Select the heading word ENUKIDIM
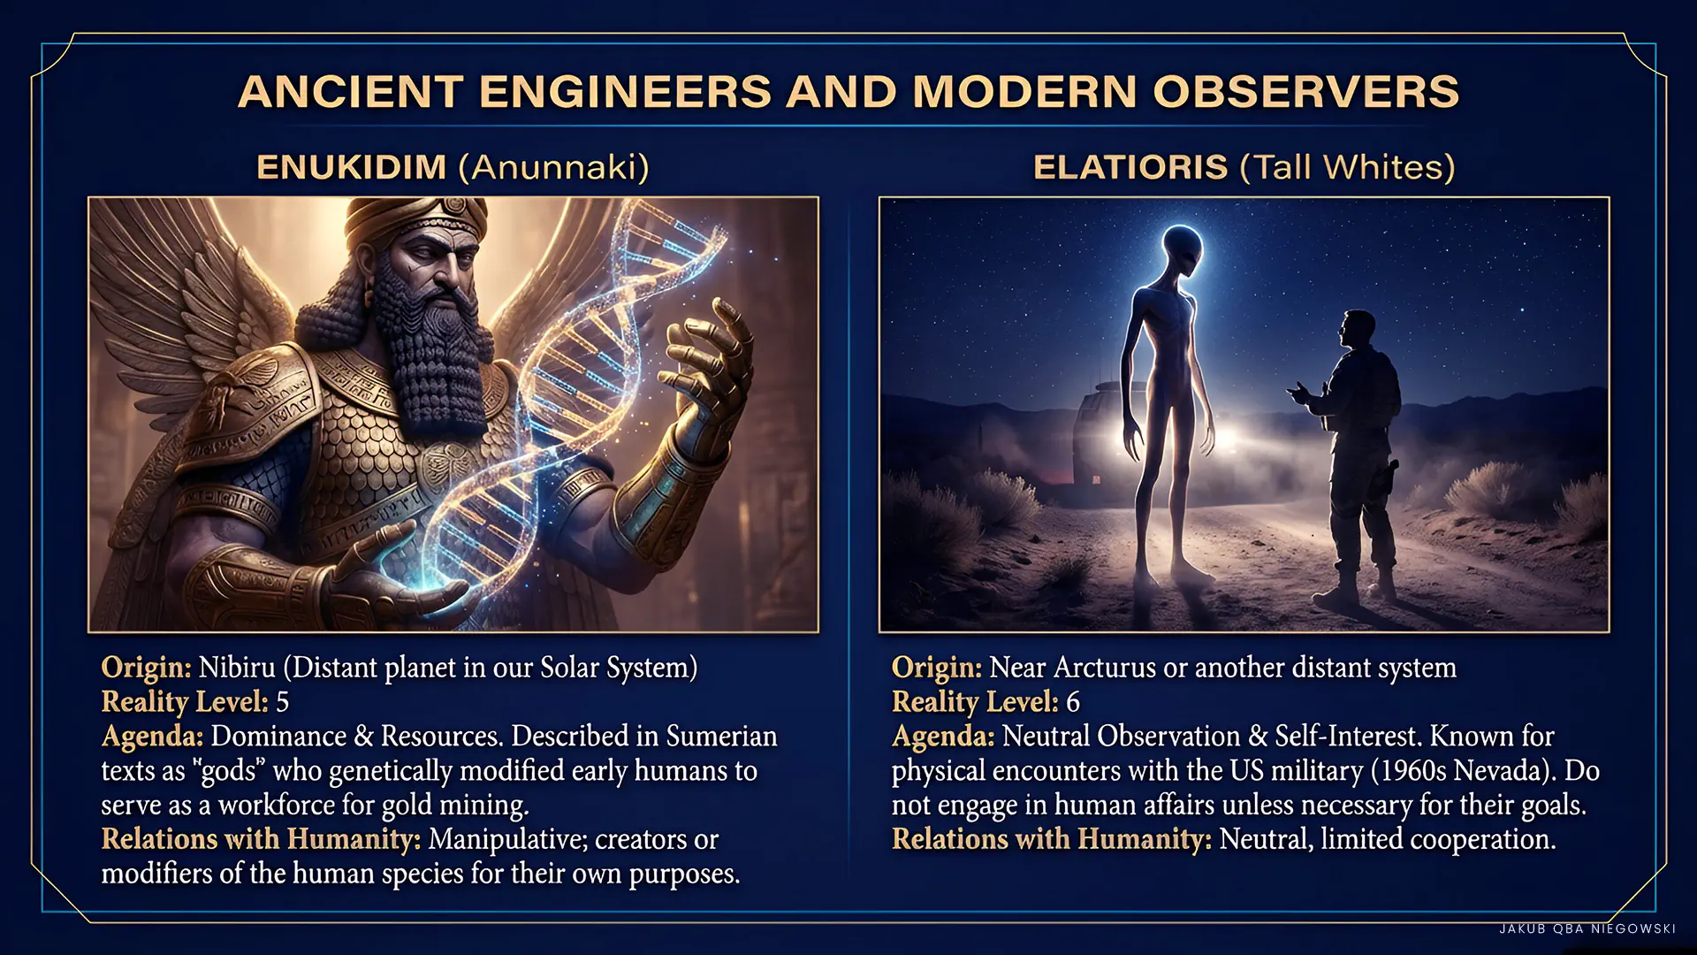(x=352, y=167)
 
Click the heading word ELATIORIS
(x=1130, y=167)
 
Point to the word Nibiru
(x=237, y=667)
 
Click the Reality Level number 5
(x=283, y=702)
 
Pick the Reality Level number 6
(x=1073, y=702)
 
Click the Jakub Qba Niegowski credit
(x=1587, y=928)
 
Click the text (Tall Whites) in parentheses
(x=1348, y=167)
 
